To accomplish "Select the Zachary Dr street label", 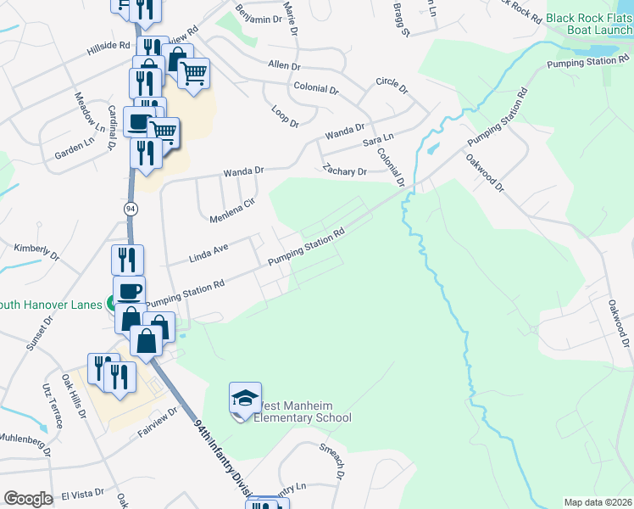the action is pos(344,171).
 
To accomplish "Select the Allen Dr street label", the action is pos(284,65).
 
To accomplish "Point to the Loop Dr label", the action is pos(286,118).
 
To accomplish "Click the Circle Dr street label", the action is pos(391,87).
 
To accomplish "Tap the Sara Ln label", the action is pos(378,138).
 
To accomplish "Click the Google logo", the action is pos(28,498).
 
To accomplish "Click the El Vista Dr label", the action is pos(81,492).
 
